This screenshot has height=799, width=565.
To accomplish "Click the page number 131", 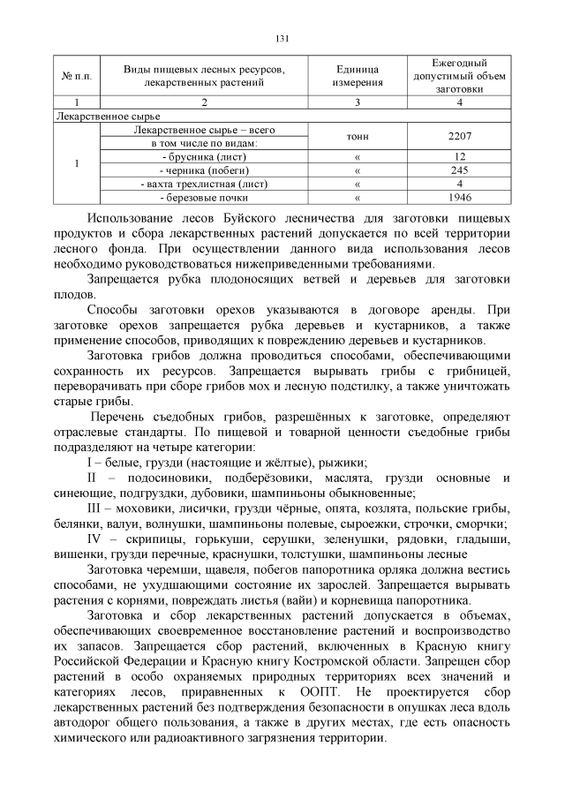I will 282,38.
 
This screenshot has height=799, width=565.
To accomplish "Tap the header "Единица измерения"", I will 357,75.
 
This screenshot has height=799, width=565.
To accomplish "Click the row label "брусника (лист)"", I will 204,156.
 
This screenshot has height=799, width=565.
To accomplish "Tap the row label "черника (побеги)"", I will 204,170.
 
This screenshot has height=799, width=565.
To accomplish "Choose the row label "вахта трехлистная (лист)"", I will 204,184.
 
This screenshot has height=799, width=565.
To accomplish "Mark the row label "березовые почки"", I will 204,197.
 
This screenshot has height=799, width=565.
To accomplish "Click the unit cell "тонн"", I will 357,137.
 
